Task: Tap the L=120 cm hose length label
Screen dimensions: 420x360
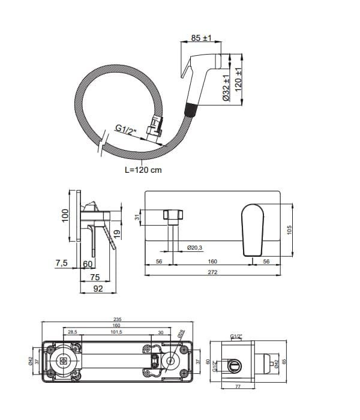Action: (x=143, y=170)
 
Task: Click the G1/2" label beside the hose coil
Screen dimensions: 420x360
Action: (x=125, y=128)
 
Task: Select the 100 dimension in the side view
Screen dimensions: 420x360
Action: (x=66, y=215)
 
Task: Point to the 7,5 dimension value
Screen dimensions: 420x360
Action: (x=61, y=263)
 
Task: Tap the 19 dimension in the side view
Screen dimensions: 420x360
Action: (x=118, y=228)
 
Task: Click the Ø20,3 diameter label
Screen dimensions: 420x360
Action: (x=194, y=247)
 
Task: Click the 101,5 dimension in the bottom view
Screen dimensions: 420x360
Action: (x=116, y=331)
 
